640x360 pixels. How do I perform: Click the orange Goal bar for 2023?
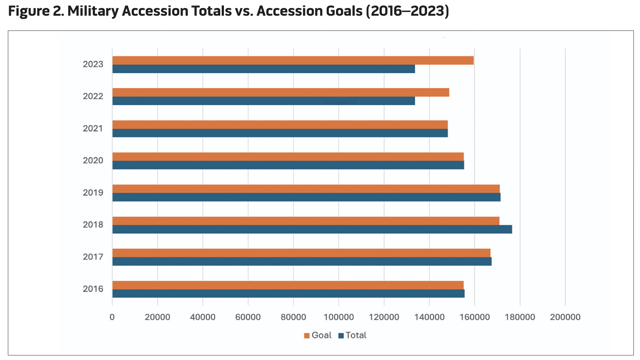[293, 61]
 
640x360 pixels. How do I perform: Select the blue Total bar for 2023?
[263, 69]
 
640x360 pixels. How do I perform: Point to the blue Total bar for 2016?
[288, 294]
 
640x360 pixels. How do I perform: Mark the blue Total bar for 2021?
[280, 133]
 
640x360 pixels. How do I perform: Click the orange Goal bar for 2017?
[301, 253]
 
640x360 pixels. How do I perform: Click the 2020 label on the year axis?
[93, 161]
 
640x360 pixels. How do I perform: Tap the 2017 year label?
[93, 257]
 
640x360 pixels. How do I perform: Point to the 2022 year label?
[93, 96]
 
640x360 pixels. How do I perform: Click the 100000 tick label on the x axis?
[339, 317]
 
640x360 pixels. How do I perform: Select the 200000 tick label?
[565, 317]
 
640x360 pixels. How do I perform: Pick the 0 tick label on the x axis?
[112, 317]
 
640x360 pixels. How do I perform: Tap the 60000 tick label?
[248, 317]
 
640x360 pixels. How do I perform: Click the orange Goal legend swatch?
[307, 336]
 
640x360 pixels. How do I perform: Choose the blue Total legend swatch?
[341, 336]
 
